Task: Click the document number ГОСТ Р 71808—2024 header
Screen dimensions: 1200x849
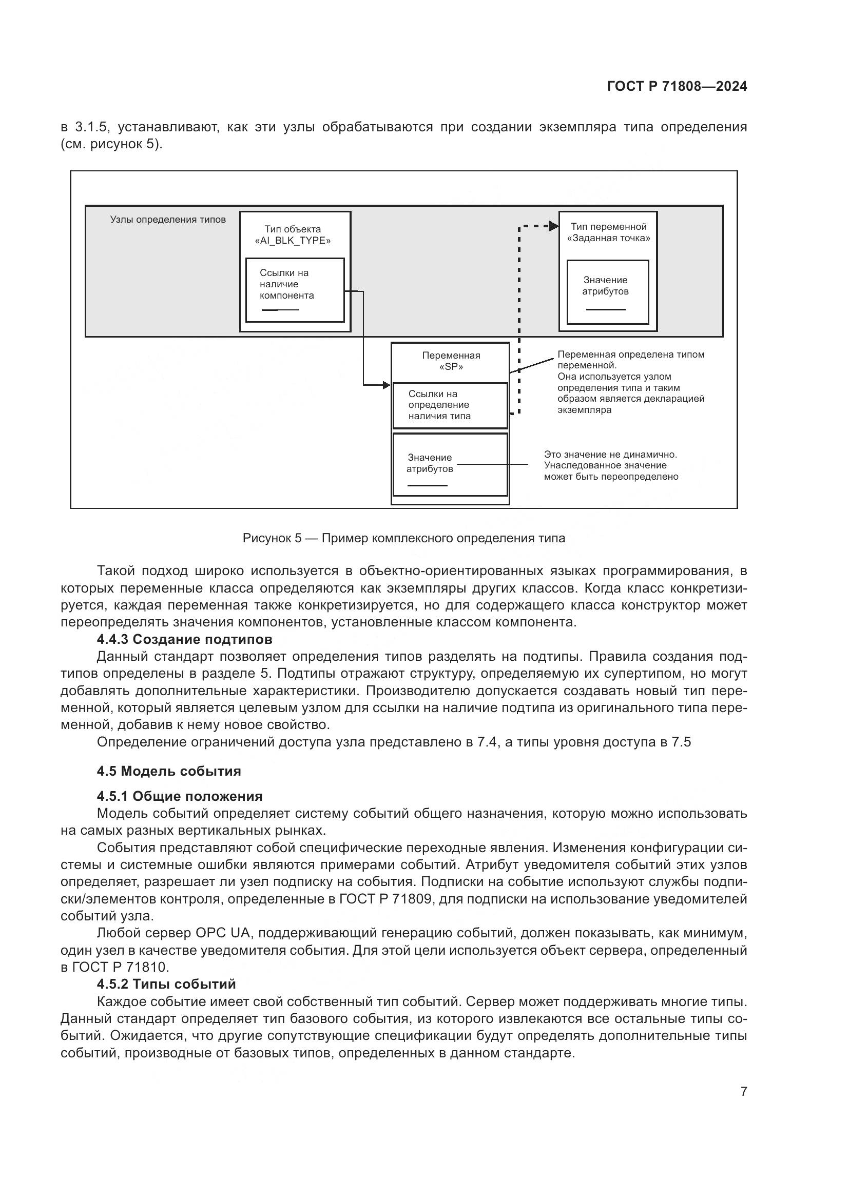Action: tap(677, 87)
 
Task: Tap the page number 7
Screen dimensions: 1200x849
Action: tap(743, 1091)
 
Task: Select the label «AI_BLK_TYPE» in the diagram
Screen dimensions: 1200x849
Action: tap(293, 241)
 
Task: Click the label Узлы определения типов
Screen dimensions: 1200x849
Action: tap(168, 220)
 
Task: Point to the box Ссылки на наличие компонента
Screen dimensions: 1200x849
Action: tap(295, 289)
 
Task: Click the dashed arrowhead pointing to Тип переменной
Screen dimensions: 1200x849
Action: tap(553, 226)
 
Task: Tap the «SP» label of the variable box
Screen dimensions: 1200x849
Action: tap(451, 367)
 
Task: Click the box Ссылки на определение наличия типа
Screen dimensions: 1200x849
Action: tap(450, 406)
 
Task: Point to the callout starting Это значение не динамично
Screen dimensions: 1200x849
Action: tap(611, 466)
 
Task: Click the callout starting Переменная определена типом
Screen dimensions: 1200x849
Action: tap(630, 382)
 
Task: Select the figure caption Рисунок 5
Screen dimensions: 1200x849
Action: tap(403, 538)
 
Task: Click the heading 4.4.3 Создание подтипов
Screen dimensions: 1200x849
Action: tap(185, 639)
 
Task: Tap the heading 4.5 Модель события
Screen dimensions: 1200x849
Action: tap(169, 772)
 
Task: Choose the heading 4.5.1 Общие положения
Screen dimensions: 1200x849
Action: tap(180, 797)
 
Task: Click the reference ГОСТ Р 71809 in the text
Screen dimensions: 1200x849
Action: tap(384, 899)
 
